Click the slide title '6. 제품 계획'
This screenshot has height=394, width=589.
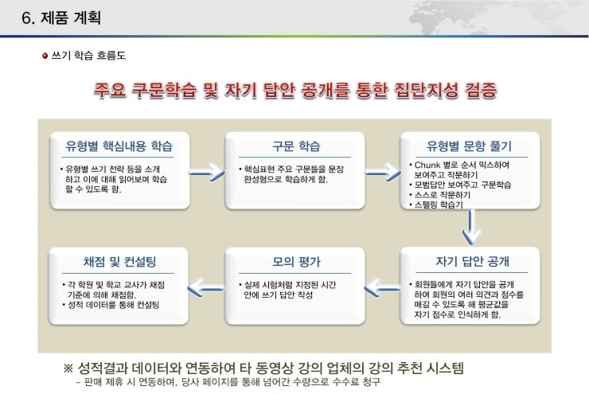click(61, 18)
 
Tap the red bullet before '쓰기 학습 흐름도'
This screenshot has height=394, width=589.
click(45, 56)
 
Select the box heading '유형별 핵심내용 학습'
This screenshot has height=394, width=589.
click(119, 146)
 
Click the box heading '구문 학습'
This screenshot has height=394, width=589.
click(296, 146)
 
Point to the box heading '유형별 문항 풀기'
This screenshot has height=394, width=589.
click(470, 146)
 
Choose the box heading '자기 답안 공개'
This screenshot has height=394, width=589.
click(472, 261)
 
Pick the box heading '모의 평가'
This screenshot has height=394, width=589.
click(296, 261)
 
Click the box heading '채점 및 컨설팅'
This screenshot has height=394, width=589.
click(119, 261)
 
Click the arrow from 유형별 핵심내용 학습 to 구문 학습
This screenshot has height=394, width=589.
click(206, 173)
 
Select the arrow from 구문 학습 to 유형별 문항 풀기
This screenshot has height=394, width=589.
click(383, 173)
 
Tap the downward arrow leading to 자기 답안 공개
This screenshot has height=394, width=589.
click(471, 227)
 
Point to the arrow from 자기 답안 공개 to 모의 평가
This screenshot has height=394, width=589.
click(382, 287)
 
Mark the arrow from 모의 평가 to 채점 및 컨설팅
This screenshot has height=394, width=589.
click(205, 287)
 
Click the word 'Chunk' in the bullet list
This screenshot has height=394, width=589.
click(427, 165)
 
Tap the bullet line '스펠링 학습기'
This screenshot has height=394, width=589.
click(435, 205)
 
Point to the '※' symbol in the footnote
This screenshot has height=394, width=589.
click(68, 368)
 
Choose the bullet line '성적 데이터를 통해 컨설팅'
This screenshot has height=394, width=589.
click(111, 305)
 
